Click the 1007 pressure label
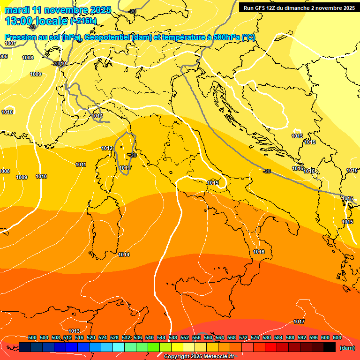10,43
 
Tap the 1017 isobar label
299,322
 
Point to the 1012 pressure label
107,148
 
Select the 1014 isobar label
124,255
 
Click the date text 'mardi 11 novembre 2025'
58,10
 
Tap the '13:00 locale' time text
36,21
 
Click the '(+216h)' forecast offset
83,21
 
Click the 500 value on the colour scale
32,337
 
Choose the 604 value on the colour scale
337,337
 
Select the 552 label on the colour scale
185,337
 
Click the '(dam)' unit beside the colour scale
347,347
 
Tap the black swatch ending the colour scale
330,347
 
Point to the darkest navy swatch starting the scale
25,347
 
